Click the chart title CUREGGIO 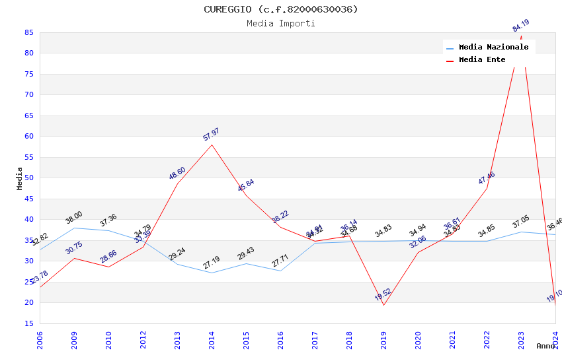(280, 9)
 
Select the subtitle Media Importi (280, 23)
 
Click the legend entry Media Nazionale (493, 48)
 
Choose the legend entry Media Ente (482, 60)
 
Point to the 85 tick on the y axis (28, 32)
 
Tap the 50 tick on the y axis (28, 178)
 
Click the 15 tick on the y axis (28, 323)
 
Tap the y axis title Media (20, 178)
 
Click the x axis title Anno (545, 346)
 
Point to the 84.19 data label (521, 26)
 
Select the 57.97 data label (212, 135)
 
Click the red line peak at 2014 (212, 145)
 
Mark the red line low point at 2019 (383, 305)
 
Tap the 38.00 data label (74, 218)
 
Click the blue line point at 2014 (212, 273)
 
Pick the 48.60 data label (177, 174)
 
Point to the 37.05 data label (521, 222)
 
